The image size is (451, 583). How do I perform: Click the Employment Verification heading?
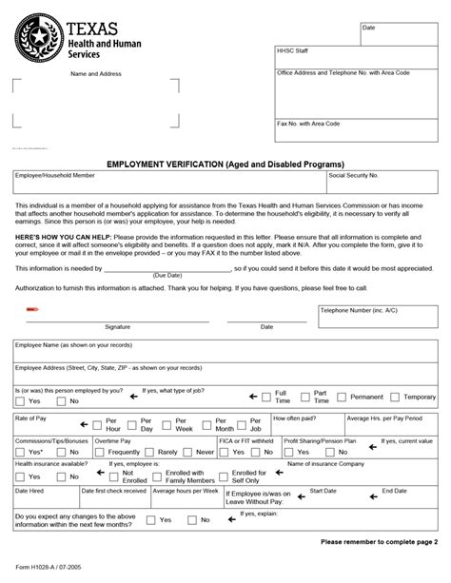pos(225,164)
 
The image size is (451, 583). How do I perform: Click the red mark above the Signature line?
pos(30,309)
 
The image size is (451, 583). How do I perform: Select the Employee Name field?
pos(225,350)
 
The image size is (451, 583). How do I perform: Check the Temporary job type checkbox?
pos(395,397)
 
